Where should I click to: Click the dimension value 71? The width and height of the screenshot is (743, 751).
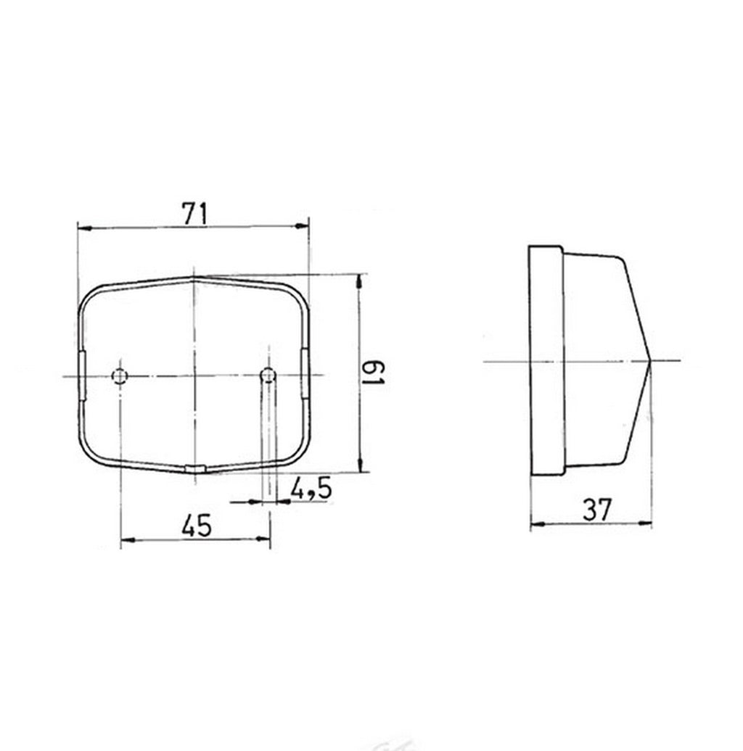(x=194, y=214)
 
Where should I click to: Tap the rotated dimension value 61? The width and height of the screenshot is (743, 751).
(x=373, y=373)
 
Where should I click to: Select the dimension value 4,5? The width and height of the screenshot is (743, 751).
(x=311, y=489)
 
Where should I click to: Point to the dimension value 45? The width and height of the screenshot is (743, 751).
(x=197, y=526)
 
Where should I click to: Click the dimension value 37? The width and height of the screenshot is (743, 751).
(x=597, y=510)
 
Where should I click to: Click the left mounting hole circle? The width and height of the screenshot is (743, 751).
(x=120, y=376)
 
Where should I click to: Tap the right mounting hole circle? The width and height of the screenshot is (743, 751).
(x=268, y=375)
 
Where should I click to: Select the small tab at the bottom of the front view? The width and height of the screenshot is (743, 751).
(x=195, y=468)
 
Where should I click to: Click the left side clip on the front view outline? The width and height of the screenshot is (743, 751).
(x=82, y=375)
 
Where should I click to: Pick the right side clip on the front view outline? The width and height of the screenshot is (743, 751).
(x=305, y=373)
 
